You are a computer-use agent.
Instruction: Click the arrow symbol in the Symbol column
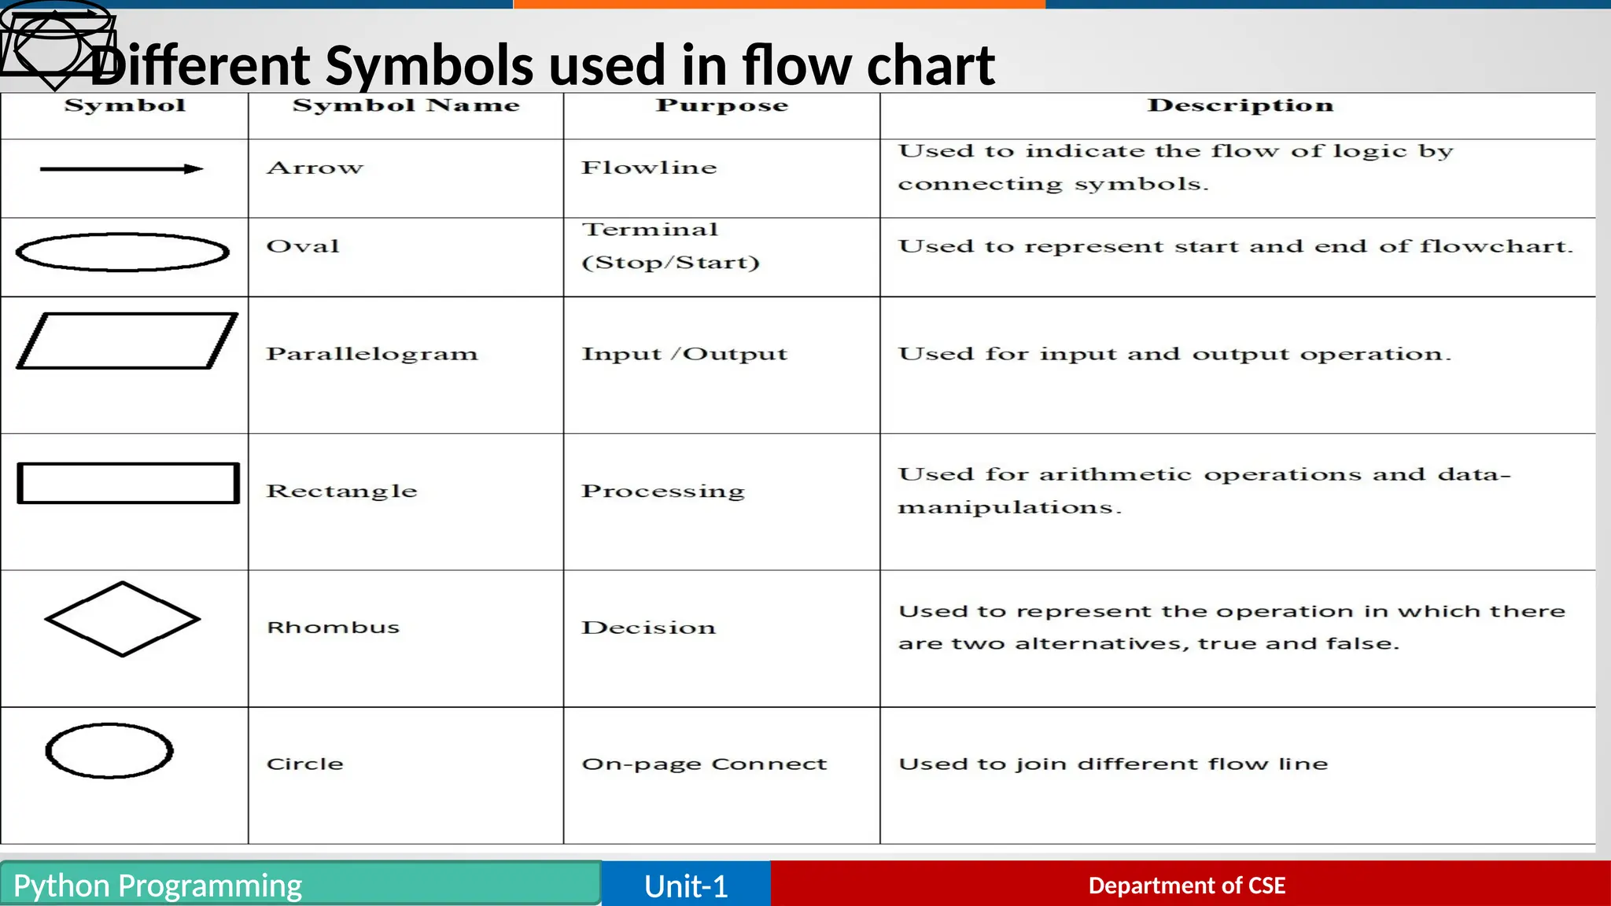point(121,169)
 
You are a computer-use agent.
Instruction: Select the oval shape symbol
point(123,252)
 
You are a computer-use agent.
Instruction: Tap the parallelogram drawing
point(127,341)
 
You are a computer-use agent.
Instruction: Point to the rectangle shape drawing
point(128,483)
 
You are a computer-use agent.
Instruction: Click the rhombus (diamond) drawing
point(123,619)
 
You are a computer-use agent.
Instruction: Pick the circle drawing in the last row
point(109,751)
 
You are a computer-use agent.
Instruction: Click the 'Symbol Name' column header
point(406,105)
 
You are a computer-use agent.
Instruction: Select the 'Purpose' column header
point(721,105)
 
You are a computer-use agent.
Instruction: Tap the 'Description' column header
point(1240,105)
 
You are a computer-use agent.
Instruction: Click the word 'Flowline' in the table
point(649,168)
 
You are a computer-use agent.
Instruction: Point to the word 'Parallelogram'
point(372,354)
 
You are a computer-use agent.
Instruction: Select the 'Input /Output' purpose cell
point(684,354)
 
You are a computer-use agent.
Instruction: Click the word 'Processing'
point(662,491)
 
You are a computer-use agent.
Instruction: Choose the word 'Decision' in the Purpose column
point(649,628)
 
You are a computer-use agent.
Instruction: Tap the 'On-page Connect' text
point(704,764)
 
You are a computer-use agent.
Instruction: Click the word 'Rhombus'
point(334,628)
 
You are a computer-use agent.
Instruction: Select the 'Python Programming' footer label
point(157,886)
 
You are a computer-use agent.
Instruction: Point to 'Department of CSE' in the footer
point(1186,886)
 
